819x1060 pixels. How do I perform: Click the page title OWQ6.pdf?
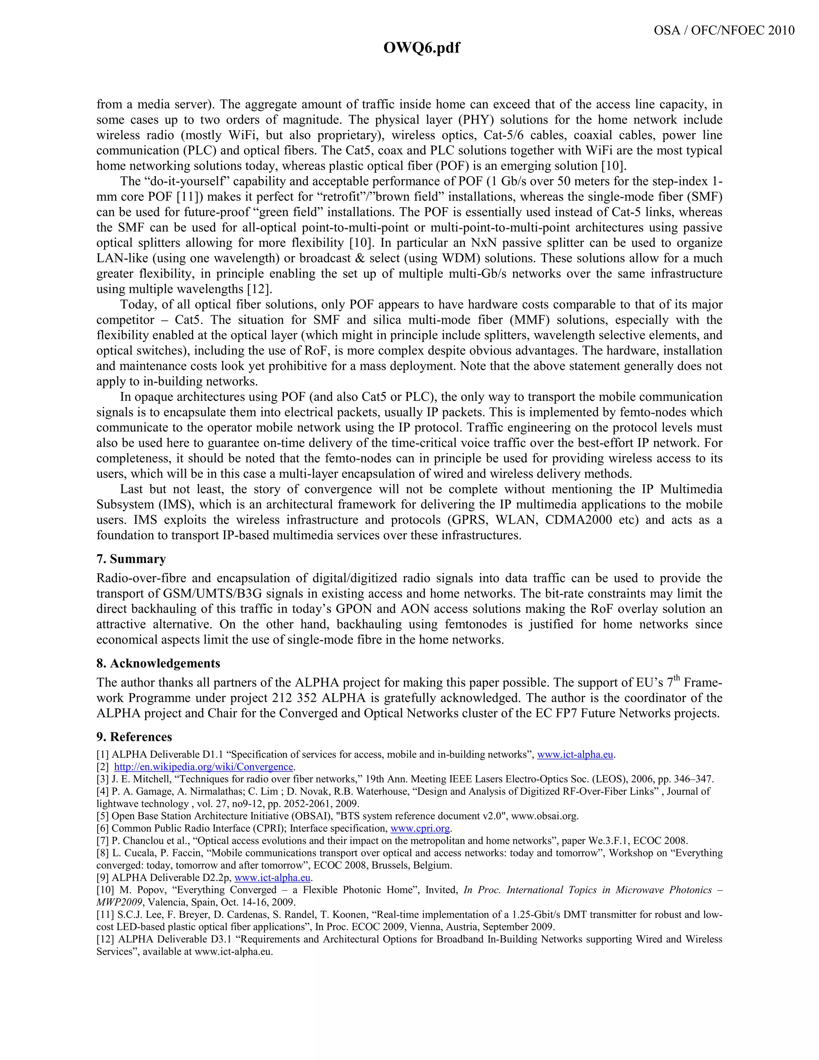421,48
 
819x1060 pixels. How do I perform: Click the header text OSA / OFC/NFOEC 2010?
724,30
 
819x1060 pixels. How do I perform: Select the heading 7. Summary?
131,559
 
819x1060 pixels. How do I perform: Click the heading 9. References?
134,737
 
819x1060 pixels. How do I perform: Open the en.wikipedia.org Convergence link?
204,767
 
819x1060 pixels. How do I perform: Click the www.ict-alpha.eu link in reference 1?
575,755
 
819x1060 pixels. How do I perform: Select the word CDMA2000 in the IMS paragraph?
578,520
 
